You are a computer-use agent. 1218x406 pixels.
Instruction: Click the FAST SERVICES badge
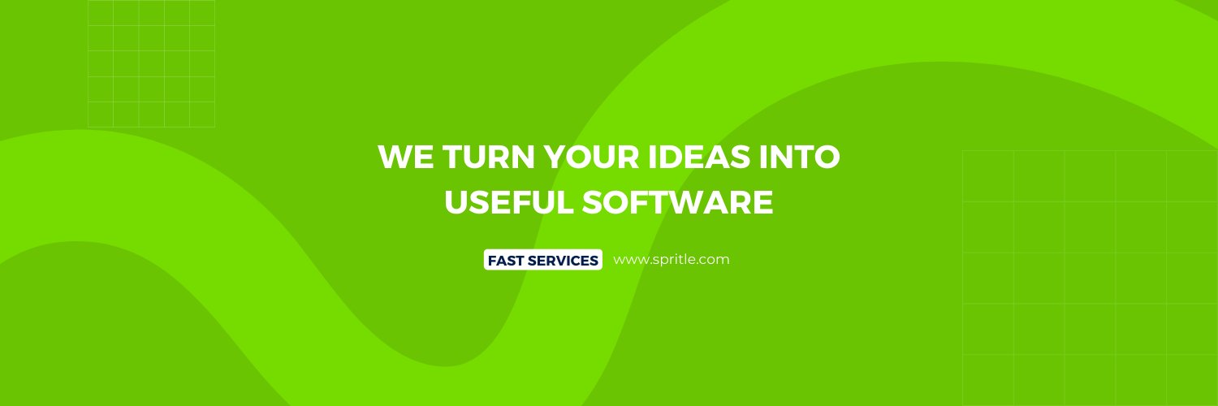542,260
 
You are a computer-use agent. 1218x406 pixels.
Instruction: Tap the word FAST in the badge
505,261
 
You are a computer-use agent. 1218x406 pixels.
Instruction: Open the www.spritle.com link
672,260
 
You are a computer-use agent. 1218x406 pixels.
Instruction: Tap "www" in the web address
628,261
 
